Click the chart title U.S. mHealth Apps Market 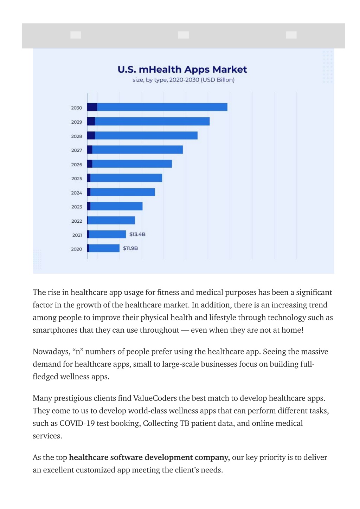pyautogui.click(x=182, y=70)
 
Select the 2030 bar pyautogui.click(x=157, y=107)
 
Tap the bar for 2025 pyautogui.click(x=124, y=178)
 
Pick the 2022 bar pyautogui.click(x=111, y=220)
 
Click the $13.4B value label pyautogui.click(x=137, y=234)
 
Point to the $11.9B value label pyautogui.click(x=130, y=248)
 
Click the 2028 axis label pyautogui.click(x=76, y=136)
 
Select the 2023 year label pyautogui.click(x=76, y=207)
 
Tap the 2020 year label pyautogui.click(x=76, y=249)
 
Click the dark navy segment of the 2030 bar pyautogui.click(x=92, y=107)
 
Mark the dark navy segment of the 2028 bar pyautogui.click(x=91, y=136)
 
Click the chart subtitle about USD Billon pyautogui.click(x=183, y=80)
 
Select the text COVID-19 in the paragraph pyautogui.click(x=77, y=423)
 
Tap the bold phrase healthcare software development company pyautogui.click(x=149, y=457)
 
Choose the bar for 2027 pyautogui.click(x=135, y=150)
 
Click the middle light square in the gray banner pyautogui.click(x=183, y=35)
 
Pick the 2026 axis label pyautogui.click(x=76, y=164)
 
